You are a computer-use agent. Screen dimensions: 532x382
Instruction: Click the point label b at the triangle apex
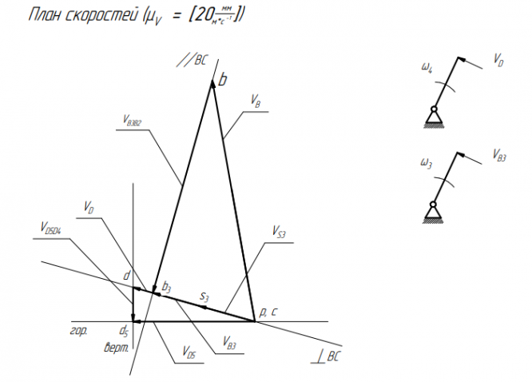(x=223, y=80)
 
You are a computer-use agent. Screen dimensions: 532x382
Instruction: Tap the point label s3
(x=204, y=297)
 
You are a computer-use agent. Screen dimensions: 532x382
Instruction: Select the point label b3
(x=166, y=285)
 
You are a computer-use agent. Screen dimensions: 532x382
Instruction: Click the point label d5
(x=124, y=330)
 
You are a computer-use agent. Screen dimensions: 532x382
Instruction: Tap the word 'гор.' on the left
(x=78, y=330)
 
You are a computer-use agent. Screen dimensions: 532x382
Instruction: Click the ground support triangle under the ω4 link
(x=433, y=120)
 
